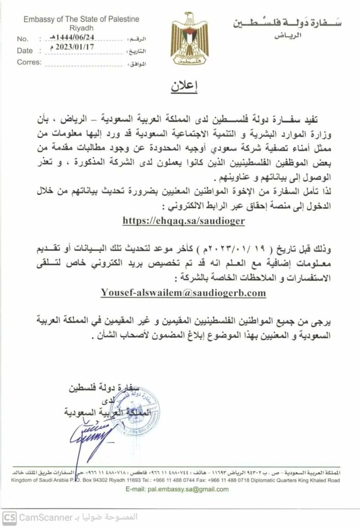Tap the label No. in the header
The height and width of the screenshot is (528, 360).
(23, 39)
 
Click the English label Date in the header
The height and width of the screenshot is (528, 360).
(24, 51)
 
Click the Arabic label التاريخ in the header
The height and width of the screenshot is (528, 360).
(137, 51)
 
